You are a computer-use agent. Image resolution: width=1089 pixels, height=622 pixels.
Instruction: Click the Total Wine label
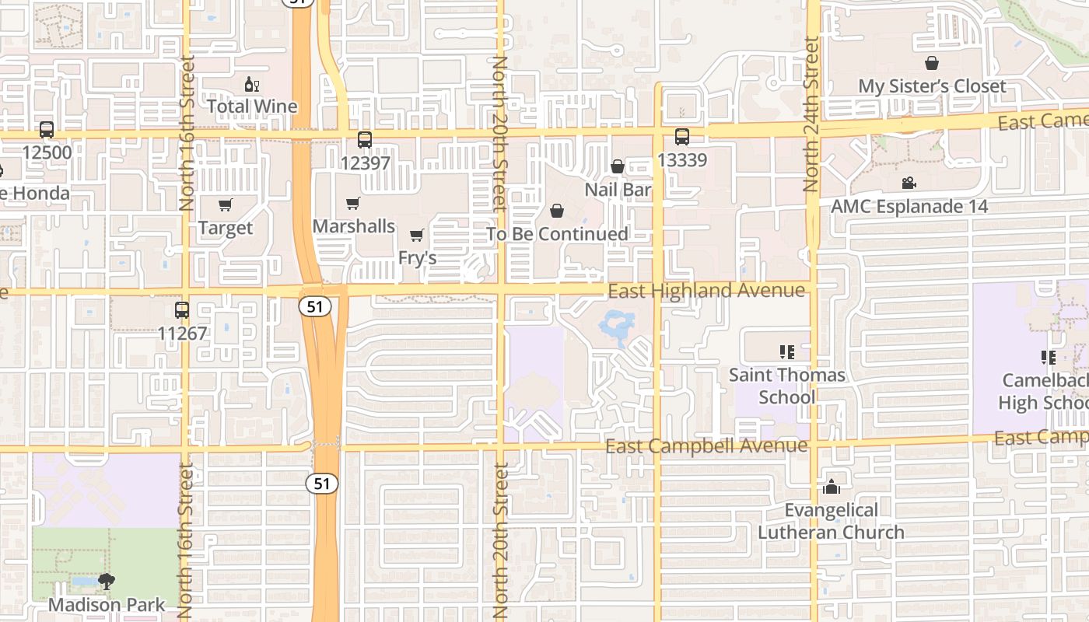(252, 107)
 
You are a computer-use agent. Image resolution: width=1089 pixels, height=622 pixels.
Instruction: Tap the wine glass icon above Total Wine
(252, 85)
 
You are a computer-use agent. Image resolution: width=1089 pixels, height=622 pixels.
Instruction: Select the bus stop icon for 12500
(47, 130)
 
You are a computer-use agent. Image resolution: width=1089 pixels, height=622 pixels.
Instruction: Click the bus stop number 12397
(365, 163)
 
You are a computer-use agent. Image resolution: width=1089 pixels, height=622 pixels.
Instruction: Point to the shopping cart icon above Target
(226, 205)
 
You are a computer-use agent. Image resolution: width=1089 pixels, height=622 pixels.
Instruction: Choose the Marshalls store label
(354, 226)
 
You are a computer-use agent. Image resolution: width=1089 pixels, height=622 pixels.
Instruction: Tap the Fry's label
(417, 257)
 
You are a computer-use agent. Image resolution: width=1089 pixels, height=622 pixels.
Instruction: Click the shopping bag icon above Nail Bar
(618, 167)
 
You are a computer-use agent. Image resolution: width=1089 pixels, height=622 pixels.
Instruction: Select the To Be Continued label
(558, 234)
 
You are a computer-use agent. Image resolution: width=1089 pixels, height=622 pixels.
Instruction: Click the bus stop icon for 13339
(682, 137)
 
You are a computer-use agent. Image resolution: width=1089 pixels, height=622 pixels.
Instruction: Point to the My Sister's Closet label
(932, 86)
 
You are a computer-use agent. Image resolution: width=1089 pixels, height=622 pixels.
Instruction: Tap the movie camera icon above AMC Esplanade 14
(909, 183)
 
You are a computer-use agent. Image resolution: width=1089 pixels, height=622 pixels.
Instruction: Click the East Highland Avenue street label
(706, 291)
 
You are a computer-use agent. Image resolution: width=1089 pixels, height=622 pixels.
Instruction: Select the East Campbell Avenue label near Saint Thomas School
(706, 446)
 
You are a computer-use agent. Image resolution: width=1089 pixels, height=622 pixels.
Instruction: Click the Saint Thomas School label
(786, 386)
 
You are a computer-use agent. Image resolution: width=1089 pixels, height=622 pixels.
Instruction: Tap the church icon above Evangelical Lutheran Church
(831, 487)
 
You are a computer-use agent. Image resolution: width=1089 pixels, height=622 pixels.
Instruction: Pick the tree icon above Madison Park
(107, 582)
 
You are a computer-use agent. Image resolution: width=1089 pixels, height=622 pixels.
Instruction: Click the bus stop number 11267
(182, 334)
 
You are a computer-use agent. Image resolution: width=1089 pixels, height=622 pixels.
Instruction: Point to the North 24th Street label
(811, 115)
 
